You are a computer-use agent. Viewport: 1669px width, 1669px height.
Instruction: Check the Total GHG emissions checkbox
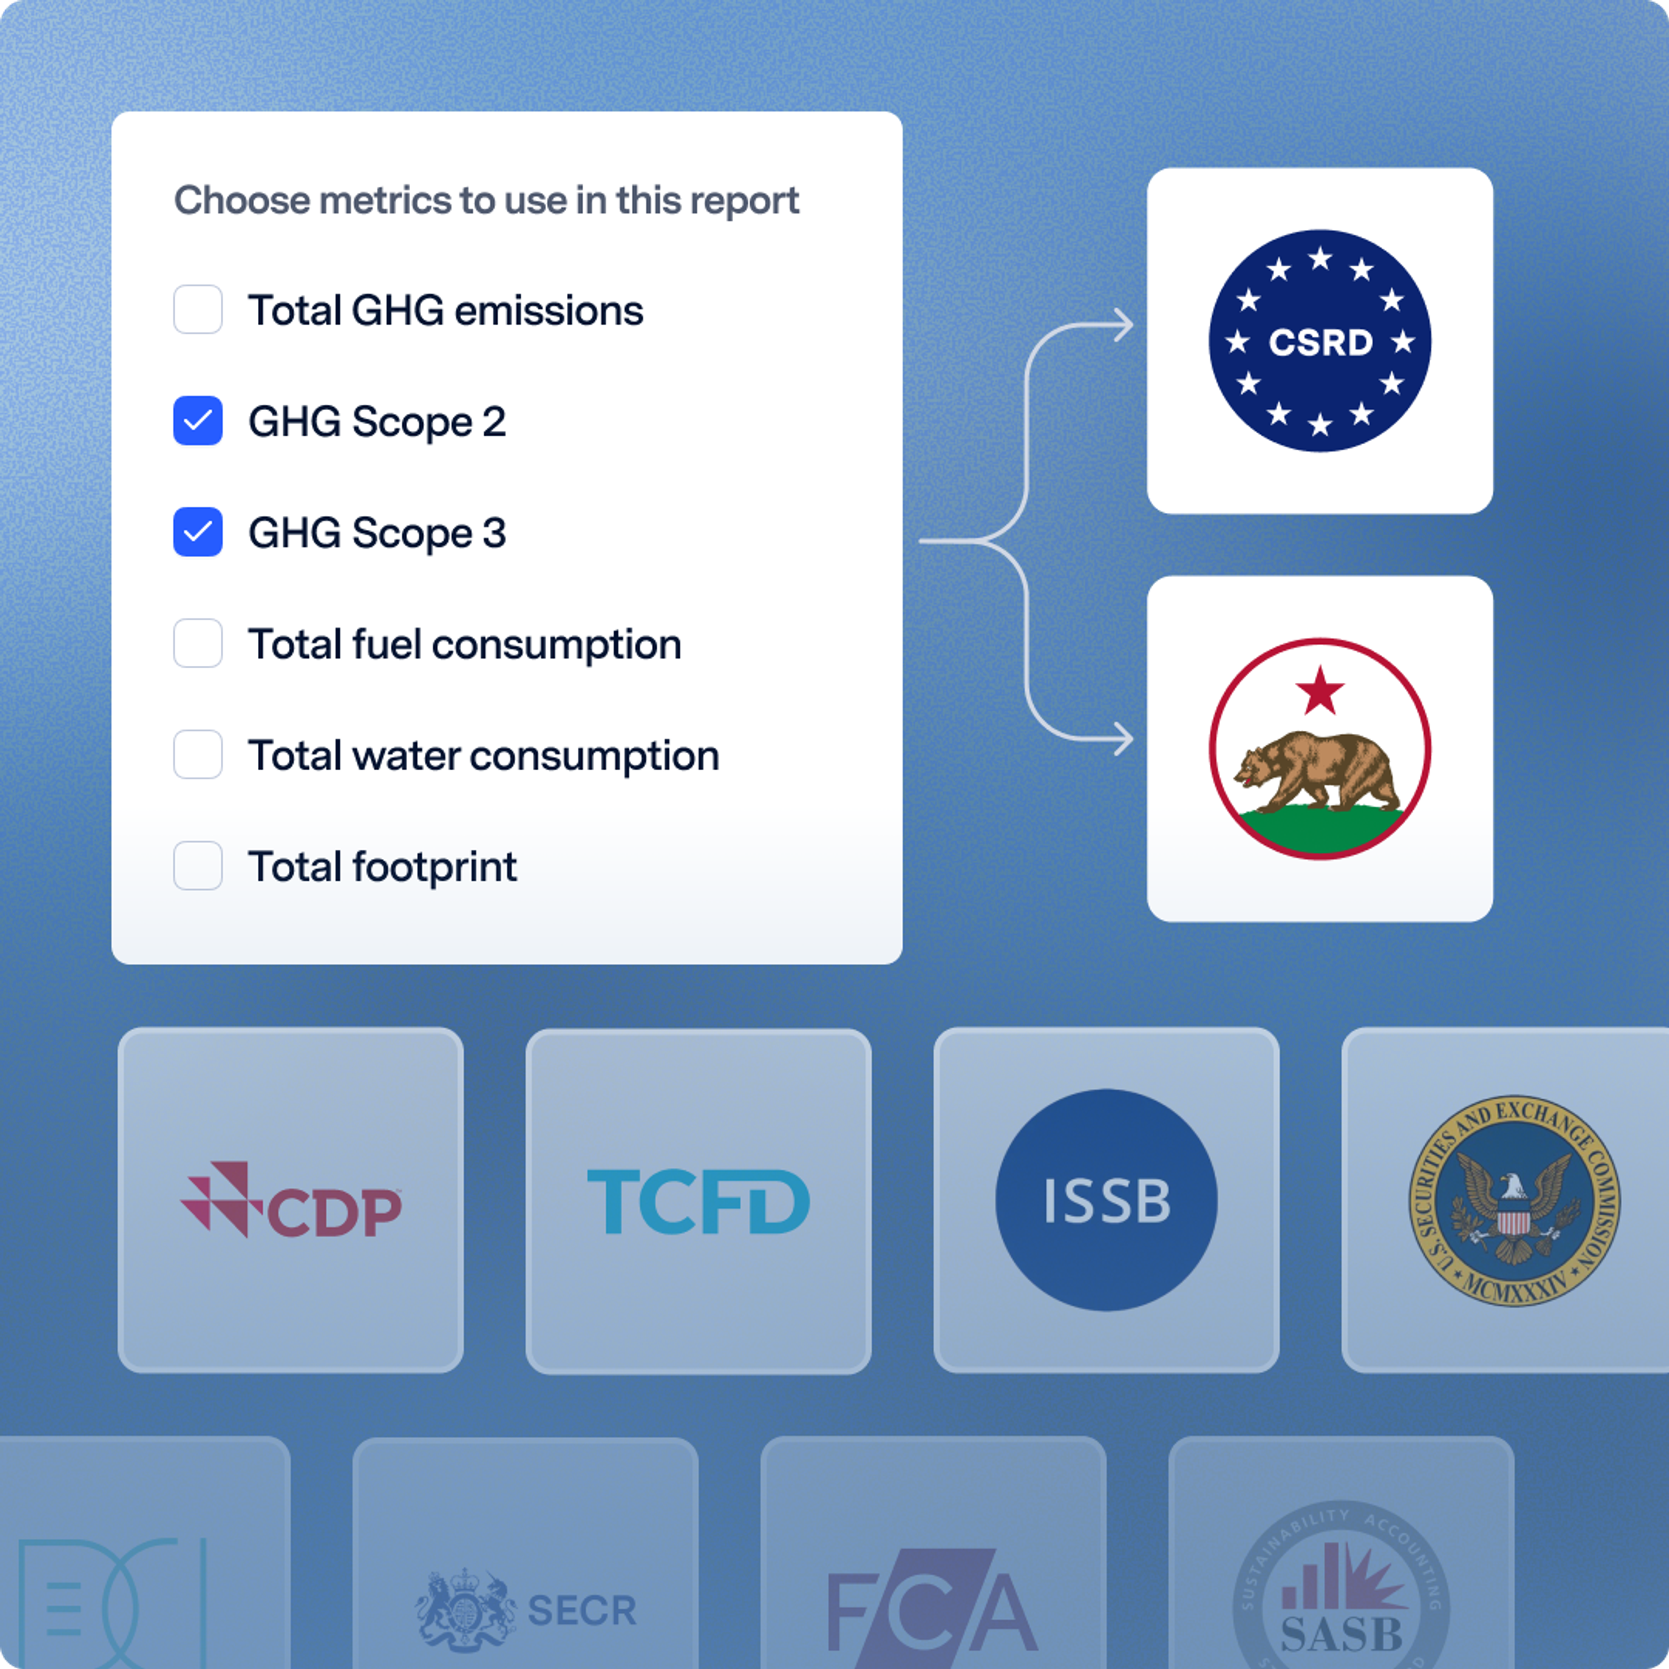[198, 309]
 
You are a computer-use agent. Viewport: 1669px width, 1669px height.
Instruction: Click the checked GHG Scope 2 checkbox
[198, 421]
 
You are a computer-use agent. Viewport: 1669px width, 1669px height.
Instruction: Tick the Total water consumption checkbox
[198, 754]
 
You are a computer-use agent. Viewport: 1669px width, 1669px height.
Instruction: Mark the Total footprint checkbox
[198, 866]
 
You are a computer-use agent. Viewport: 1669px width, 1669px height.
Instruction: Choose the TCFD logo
[698, 1201]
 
